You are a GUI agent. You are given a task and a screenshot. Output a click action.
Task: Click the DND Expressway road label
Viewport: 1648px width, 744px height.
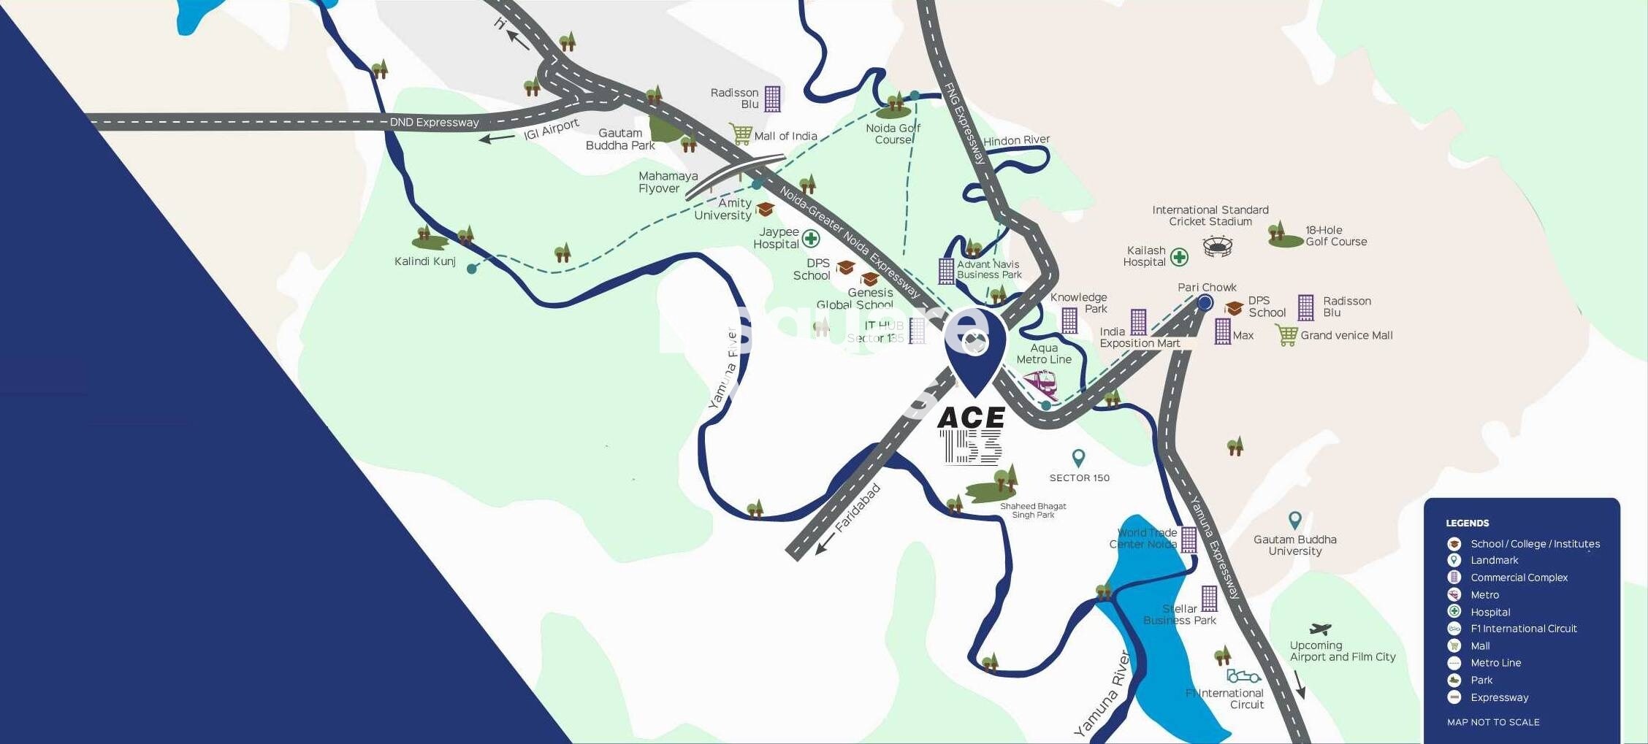click(434, 122)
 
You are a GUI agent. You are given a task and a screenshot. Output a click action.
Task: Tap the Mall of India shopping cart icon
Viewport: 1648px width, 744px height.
click(741, 134)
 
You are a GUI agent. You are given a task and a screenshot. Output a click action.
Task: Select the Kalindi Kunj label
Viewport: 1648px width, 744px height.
click(424, 261)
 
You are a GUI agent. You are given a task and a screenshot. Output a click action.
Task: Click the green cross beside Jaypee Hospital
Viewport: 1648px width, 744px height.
click(811, 239)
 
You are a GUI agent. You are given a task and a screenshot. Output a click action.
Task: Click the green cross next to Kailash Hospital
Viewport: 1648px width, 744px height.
click(1179, 257)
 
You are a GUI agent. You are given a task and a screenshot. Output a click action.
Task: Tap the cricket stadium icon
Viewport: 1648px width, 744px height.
click(1217, 246)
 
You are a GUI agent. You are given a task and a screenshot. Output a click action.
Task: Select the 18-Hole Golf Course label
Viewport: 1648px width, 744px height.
click(1335, 236)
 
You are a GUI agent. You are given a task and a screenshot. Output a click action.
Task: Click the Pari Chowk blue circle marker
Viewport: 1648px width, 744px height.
click(1205, 302)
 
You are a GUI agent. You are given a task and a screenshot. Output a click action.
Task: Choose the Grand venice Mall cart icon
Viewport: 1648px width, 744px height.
click(1286, 335)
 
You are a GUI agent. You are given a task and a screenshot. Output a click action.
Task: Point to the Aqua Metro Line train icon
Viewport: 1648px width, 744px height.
click(1039, 383)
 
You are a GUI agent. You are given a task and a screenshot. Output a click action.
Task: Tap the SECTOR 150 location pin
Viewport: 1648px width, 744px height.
click(1078, 458)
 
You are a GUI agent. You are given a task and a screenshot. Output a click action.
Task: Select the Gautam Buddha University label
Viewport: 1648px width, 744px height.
click(1294, 545)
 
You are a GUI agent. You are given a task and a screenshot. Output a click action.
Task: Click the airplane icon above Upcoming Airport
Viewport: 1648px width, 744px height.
click(1320, 629)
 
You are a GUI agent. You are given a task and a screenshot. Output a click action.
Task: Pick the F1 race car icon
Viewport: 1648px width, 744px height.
click(1243, 676)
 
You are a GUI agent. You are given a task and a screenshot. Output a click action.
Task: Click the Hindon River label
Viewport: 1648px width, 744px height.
click(1016, 140)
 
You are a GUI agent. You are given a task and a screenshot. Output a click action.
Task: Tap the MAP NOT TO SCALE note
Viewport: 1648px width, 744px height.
click(1492, 722)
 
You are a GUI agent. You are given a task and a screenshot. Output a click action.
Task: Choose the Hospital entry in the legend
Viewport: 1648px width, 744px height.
click(1490, 612)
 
